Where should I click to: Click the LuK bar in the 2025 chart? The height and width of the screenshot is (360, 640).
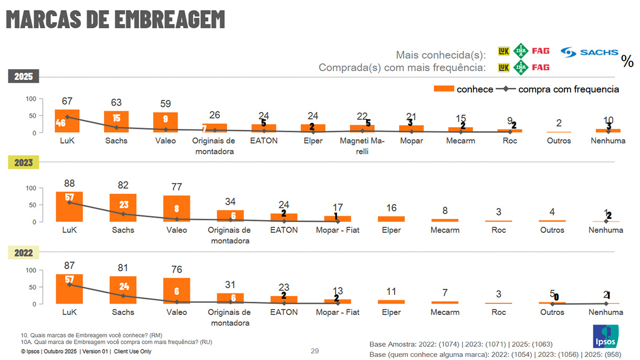tap(67, 121)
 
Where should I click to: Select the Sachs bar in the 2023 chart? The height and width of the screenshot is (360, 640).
tap(123, 208)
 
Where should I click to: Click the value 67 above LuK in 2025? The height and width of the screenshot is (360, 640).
tap(67, 101)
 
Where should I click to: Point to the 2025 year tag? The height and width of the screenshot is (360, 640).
tap(23, 77)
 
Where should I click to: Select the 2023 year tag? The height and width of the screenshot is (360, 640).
tap(23, 163)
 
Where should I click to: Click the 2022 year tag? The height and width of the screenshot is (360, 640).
tap(23, 253)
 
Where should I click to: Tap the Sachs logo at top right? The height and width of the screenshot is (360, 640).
tap(589, 52)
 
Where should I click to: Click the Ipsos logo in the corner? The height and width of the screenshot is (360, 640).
tap(605, 336)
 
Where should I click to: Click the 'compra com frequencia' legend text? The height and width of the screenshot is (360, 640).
tap(569, 89)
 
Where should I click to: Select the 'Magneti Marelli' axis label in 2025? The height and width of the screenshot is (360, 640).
tap(362, 145)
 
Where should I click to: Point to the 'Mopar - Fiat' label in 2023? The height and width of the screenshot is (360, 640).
tap(338, 230)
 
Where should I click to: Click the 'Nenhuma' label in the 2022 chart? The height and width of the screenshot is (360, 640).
tap(606, 312)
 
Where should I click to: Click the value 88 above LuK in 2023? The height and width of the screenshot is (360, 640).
tap(69, 184)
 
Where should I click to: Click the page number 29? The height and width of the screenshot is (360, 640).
tap(314, 351)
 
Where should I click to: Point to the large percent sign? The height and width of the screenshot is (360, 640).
tap(627, 61)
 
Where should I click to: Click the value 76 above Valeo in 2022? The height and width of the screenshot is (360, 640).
tap(176, 270)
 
